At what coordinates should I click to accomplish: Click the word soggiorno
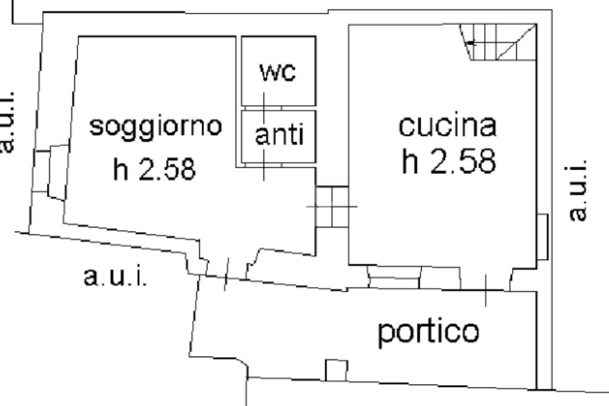coord(156,127)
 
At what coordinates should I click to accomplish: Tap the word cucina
coord(447,126)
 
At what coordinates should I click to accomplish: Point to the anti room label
coord(279,135)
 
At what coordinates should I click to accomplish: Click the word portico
coord(428,332)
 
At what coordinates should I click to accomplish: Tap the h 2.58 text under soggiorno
coord(153,170)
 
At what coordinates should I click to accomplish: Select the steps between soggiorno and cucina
coord(331,207)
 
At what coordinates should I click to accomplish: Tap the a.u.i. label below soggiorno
coord(115,277)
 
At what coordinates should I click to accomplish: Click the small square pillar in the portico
coord(336,370)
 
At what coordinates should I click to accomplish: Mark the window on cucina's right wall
coord(542,236)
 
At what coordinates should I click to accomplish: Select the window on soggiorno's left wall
coord(49,171)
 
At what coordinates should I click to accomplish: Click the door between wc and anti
coord(265,108)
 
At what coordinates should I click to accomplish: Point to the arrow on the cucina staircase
coord(471,43)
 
